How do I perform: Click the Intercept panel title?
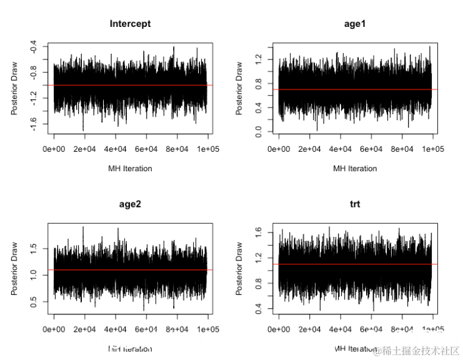[130, 24]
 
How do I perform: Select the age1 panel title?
[355, 24]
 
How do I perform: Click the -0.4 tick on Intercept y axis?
[33, 47]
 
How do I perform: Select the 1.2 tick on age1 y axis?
[258, 59]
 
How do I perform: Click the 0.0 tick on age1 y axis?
[258, 132]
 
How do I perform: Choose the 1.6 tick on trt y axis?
[258, 232]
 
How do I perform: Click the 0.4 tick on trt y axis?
[258, 308]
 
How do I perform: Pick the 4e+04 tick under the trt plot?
[340, 329]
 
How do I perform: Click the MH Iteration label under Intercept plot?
[130, 168]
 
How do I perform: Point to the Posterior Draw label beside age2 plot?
[14, 269]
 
